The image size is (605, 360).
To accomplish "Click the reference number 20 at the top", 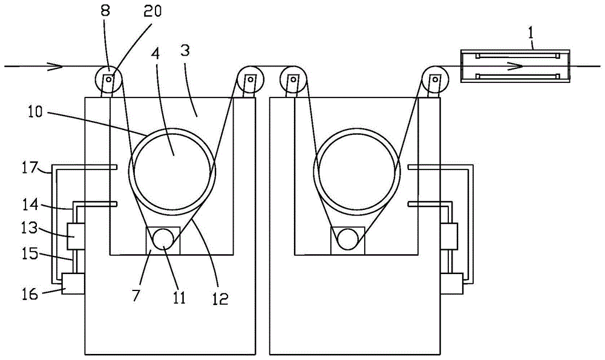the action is [x=152, y=11].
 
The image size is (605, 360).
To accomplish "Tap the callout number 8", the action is [x=105, y=10].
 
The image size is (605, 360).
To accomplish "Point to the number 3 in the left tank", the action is [x=185, y=51].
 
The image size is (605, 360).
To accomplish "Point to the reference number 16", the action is [x=29, y=294].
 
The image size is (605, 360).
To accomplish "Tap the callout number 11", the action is [x=178, y=297].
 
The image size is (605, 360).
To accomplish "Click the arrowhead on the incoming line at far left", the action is [x=56, y=67].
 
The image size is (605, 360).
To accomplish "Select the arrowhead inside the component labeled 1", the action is [x=515, y=67].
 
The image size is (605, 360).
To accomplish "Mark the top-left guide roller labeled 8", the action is [x=108, y=79].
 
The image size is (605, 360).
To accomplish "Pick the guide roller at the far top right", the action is [x=435, y=79].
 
